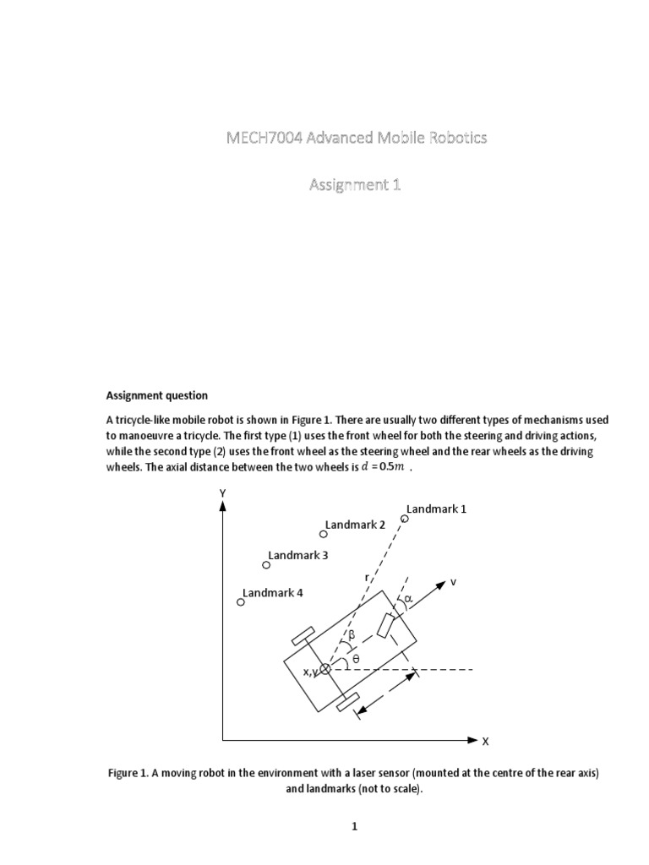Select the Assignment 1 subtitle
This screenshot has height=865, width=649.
(x=353, y=185)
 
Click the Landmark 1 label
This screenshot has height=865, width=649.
(x=437, y=509)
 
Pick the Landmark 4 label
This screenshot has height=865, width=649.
(x=272, y=592)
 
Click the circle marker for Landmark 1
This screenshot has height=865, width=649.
(x=404, y=519)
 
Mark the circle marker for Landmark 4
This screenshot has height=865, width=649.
(x=241, y=602)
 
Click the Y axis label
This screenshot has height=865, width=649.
(x=222, y=492)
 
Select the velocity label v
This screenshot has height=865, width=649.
(x=453, y=582)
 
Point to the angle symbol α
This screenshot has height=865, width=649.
(x=408, y=599)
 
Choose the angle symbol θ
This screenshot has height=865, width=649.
(x=356, y=659)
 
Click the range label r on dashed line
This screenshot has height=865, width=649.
(x=367, y=578)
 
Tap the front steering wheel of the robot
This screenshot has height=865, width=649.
(x=387, y=626)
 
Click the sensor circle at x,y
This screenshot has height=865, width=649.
(x=325, y=669)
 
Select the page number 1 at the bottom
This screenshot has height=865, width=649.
(x=355, y=827)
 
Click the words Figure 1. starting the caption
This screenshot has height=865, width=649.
(x=128, y=774)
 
